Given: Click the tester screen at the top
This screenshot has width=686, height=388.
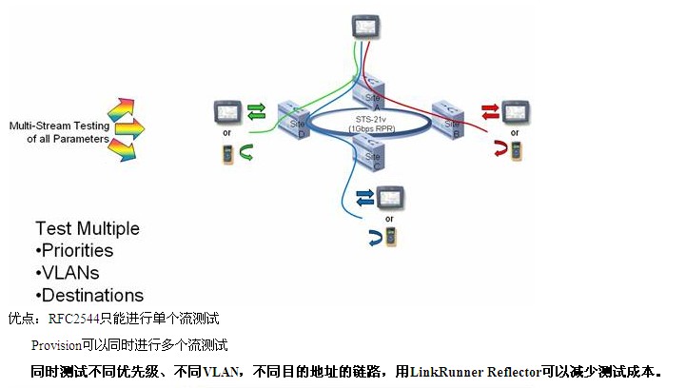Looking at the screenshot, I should click(364, 24).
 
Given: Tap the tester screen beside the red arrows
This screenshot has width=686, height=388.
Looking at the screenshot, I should click(516, 110).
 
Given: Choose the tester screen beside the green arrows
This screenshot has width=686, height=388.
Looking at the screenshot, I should click(228, 112).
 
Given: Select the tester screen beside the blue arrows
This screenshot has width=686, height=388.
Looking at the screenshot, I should click(389, 199).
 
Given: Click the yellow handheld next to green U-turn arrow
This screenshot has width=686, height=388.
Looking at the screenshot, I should click(228, 152).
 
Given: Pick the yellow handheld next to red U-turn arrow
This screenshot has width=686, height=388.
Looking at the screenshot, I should click(516, 150).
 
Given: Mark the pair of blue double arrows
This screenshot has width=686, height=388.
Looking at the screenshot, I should click(364, 198).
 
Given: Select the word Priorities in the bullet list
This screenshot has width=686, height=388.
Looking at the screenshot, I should click(77, 251).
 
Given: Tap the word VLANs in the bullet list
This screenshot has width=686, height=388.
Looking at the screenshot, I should click(69, 273).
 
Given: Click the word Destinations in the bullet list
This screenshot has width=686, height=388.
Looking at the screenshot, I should click(92, 295).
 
